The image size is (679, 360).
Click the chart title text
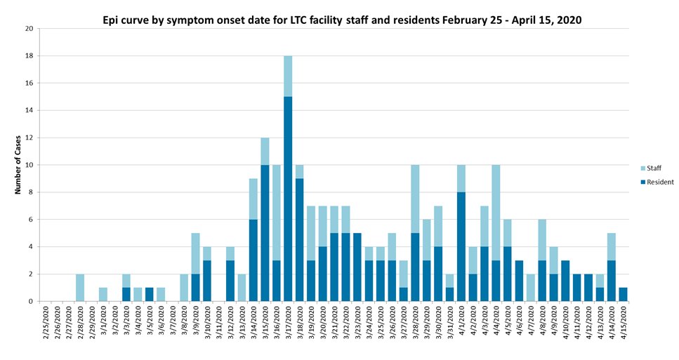[x=342, y=20]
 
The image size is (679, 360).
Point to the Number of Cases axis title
[x=20, y=165]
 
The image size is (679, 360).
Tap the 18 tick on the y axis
[x=29, y=55]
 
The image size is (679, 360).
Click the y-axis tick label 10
[x=29, y=165]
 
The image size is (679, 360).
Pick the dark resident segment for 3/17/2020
[x=288, y=199]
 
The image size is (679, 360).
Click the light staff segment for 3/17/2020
[x=288, y=76]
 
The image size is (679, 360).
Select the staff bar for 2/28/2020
[x=80, y=288]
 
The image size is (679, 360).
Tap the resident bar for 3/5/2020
[x=150, y=295]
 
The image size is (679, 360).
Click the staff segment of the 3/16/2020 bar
[x=276, y=213]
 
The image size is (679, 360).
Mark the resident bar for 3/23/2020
[x=357, y=267]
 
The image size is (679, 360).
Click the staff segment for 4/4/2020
[x=495, y=213]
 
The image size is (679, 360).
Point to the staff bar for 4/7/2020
[x=529, y=288]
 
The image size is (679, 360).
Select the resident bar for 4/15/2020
[x=622, y=295]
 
